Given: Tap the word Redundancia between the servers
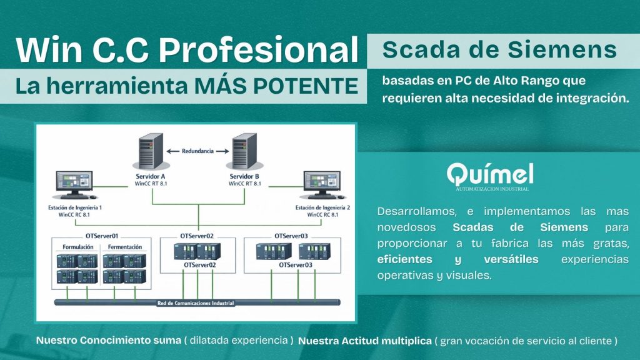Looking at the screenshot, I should [x=197, y=151].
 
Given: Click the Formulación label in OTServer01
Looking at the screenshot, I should [x=78, y=247].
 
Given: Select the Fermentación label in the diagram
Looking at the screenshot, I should [x=125, y=247].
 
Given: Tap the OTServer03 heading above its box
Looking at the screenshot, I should [x=291, y=236].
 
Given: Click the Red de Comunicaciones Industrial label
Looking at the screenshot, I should [x=196, y=303].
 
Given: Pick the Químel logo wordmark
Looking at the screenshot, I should [x=490, y=173].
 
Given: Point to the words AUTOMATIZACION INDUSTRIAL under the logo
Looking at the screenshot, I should [x=490, y=189].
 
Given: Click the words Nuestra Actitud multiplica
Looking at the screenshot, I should [x=365, y=341].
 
